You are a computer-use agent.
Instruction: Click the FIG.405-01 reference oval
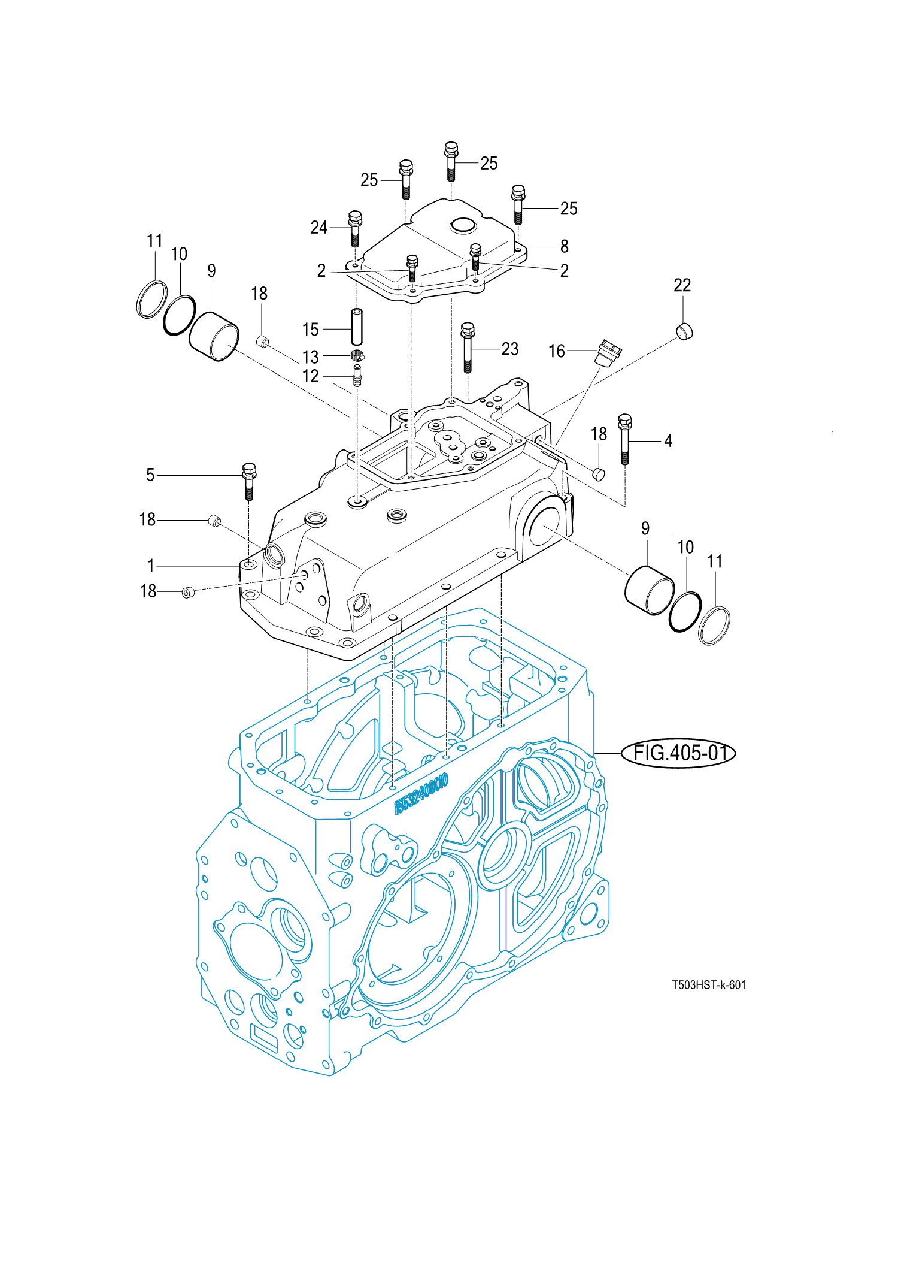click(678, 753)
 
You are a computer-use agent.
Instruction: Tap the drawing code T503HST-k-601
click(708, 985)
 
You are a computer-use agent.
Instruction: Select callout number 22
click(682, 285)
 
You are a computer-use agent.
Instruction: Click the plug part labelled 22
click(684, 331)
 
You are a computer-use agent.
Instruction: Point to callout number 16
click(556, 351)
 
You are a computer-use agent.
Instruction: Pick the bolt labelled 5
click(249, 481)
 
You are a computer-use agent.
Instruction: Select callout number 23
click(509, 349)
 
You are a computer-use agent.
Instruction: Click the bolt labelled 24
click(355, 228)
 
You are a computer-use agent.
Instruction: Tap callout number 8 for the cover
click(564, 246)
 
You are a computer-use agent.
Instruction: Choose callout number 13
click(310, 357)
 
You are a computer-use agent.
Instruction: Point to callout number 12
click(310, 376)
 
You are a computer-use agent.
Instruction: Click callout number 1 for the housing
click(151, 566)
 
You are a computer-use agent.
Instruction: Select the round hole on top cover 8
click(463, 226)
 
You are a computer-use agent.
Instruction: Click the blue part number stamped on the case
click(421, 794)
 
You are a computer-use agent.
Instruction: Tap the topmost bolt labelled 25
click(451, 160)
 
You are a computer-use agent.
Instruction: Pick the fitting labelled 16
click(608, 352)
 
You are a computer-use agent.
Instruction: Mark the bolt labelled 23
click(468, 348)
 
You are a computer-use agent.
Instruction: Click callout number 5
click(150, 475)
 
